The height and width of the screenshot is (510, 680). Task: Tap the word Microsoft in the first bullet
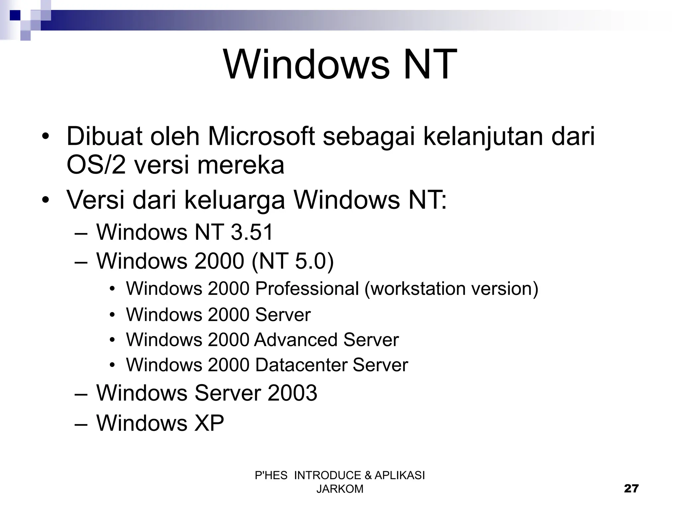(x=261, y=136)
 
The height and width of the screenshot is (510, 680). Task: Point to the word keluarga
(x=234, y=200)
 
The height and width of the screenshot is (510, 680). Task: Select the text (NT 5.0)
(x=293, y=261)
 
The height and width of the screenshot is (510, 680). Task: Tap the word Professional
(x=307, y=288)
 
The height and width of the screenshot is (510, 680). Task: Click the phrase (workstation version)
(x=451, y=289)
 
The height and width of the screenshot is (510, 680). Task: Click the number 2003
(x=292, y=393)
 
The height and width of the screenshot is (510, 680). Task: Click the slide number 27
(x=631, y=488)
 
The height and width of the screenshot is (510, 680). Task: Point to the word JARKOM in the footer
(x=340, y=489)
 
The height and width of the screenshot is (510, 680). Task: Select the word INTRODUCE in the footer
(x=327, y=475)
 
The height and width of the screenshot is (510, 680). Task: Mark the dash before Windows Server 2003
(x=81, y=393)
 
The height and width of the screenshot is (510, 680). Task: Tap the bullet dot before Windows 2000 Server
(x=113, y=314)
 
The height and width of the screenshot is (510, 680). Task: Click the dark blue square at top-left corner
(x=15, y=15)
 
